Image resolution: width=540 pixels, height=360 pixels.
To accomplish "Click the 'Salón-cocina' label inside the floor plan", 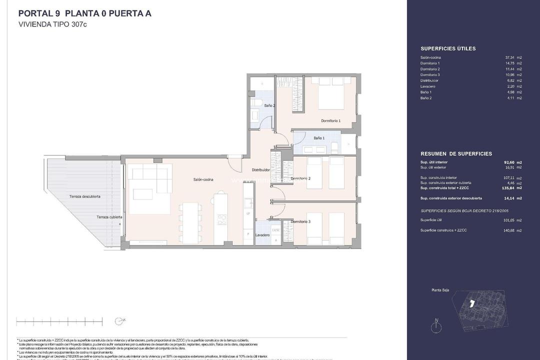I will (x=204, y=179).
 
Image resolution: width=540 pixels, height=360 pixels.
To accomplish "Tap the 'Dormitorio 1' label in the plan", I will (x=330, y=120).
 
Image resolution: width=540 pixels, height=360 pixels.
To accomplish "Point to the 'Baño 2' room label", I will (x=269, y=105).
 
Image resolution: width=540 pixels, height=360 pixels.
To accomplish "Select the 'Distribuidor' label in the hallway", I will (x=260, y=170).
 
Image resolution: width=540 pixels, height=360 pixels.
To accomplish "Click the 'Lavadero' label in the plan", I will (x=262, y=235).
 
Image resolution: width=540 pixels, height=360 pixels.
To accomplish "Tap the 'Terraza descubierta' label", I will (x=84, y=196).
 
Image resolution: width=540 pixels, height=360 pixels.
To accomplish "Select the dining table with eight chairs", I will (x=188, y=222).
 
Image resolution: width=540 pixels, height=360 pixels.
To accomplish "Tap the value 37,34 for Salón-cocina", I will (x=510, y=57).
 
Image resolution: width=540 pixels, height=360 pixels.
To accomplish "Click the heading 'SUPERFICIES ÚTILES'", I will (x=448, y=48).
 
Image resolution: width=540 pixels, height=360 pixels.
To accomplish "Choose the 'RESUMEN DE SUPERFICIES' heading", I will (x=456, y=153).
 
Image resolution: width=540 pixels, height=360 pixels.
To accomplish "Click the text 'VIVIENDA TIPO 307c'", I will (x=53, y=24).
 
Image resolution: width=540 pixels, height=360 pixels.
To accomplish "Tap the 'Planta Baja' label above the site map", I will (x=440, y=289).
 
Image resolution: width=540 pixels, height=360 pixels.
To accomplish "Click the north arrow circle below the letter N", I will (x=436, y=328).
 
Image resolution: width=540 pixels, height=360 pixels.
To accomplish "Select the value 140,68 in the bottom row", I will (x=509, y=230).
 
